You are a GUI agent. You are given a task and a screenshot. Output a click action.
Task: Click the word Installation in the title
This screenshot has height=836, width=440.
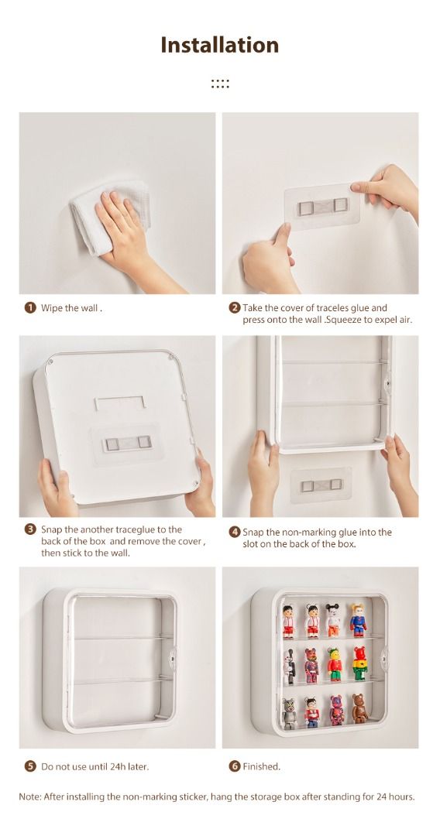pos(219,45)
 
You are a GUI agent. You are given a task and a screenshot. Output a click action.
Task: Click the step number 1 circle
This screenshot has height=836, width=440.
pos(30,307)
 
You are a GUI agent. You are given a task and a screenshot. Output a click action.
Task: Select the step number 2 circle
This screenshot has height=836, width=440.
pos(234,307)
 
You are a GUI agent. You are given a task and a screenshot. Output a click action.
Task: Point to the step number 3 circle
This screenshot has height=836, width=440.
pos(30,529)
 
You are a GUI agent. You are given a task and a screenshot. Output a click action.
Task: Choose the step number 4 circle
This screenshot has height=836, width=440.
pos(234,532)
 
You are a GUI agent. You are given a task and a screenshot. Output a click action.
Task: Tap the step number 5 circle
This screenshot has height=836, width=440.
pos(30,766)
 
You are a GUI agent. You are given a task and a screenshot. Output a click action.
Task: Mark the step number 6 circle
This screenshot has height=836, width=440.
pos(234,766)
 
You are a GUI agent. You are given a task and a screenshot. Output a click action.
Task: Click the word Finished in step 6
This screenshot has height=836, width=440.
pos(262,766)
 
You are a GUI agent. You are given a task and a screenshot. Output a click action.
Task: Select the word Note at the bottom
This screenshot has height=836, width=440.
pos(31,797)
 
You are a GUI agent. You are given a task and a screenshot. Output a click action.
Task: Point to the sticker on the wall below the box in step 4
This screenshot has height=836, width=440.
pos(321,485)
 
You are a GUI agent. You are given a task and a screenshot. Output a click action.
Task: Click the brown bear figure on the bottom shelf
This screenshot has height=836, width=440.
pos(359,709)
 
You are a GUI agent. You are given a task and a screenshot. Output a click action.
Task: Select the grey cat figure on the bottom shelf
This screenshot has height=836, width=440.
pos(290,713)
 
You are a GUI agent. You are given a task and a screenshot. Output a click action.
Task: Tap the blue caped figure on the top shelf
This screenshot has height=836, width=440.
pos(357,619)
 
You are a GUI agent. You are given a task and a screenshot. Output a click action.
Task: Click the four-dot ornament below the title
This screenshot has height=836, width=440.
pos(220,84)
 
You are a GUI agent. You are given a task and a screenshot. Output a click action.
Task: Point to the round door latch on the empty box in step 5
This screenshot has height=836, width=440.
pos(174,653)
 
